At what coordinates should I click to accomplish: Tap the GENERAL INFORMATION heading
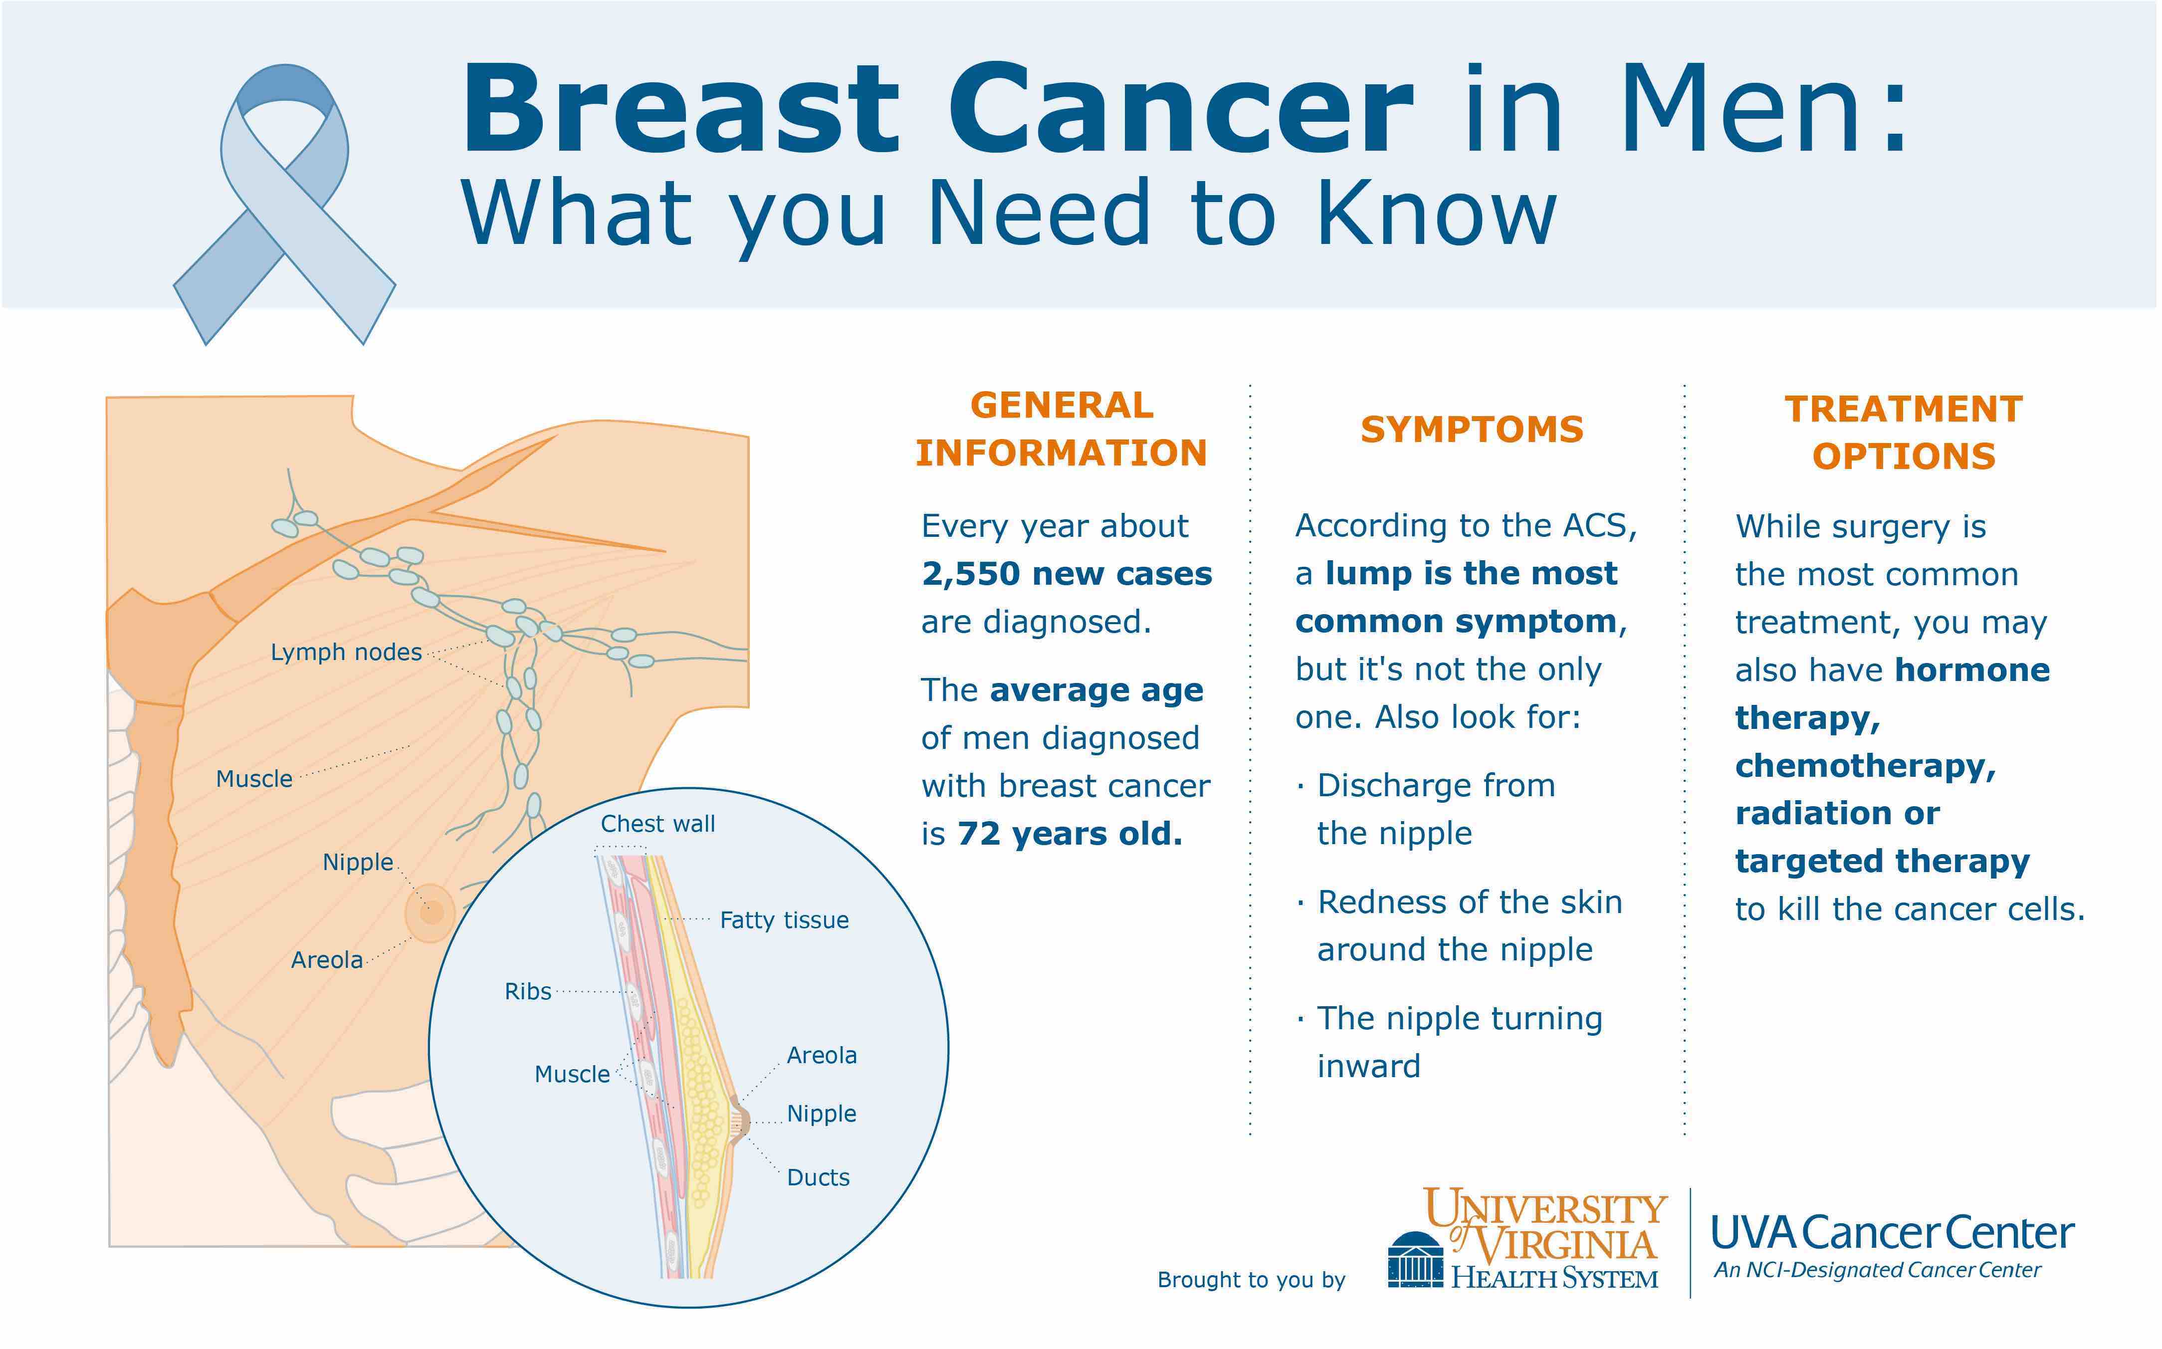click(x=1062, y=429)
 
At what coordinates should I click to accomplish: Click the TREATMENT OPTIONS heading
click(x=1903, y=433)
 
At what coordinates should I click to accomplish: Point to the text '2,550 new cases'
click(x=1067, y=574)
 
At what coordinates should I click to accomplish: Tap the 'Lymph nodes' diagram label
click(x=346, y=652)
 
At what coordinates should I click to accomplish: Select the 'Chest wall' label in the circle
click(x=657, y=824)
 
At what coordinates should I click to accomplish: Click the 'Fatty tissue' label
click(x=784, y=920)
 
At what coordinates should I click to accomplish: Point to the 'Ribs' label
click(x=527, y=991)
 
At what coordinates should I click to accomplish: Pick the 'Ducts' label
click(x=818, y=1178)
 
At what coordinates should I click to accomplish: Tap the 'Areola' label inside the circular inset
click(x=822, y=1056)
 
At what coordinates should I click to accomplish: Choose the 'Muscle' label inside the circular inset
click(x=572, y=1074)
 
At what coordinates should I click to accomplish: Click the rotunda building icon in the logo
click(x=1415, y=1258)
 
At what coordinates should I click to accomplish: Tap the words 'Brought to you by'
click(x=1251, y=1280)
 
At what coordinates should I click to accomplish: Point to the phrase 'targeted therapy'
click(x=1882, y=861)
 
